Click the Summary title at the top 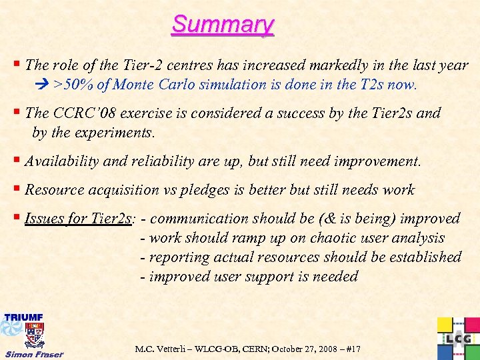223,25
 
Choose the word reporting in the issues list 179,257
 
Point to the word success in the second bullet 299,113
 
